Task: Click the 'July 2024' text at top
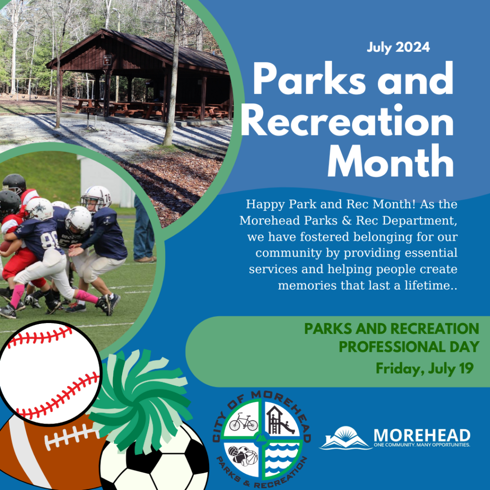point(398,47)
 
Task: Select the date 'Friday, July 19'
point(424,368)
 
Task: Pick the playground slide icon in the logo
point(279,420)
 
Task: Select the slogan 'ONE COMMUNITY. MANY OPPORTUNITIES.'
point(422,445)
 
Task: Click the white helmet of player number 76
point(97,196)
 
